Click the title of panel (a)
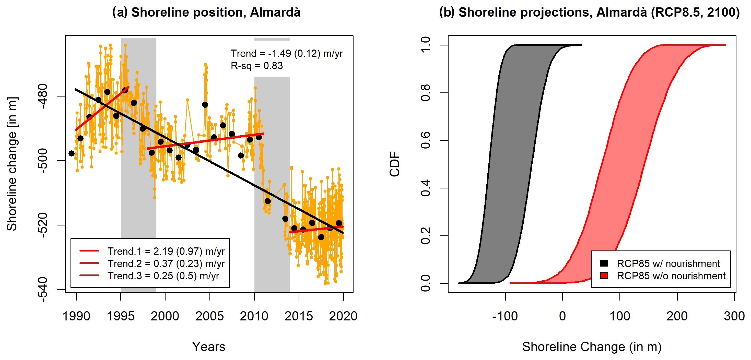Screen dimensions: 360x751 pyautogui.click(x=206, y=13)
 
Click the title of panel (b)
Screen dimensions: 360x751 pyautogui.click(x=589, y=13)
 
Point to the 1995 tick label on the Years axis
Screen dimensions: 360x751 pyautogui.click(x=121, y=316)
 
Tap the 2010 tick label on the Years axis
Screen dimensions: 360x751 pyautogui.click(x=254, y=316)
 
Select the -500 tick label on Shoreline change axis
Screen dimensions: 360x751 pyautogui.click(x=43, y=161)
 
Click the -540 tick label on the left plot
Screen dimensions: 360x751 pyautogui.click(x=43, y=290)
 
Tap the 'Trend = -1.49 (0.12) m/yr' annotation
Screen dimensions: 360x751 pyautogui.click(x=287, y=54)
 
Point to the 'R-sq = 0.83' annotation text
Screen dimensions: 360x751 pyautogui.click(x=256, y=66)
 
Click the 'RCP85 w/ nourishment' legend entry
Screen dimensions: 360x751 pyautogui.click(x=668, y=263)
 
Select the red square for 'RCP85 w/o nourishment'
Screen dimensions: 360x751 pyautogui.click(x=604, y=275)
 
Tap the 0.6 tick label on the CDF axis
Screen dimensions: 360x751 pyautogui.click(x=426, y=140)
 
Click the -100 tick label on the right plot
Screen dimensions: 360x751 pyautogui.click(x=505, y=316)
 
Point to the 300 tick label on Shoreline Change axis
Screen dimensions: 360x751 pyautogui.click(x=734, y=316)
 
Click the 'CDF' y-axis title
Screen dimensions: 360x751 pyautogui.click(x=395, y=164)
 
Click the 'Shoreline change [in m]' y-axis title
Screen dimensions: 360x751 pyautogui.click(x=12, y=164)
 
